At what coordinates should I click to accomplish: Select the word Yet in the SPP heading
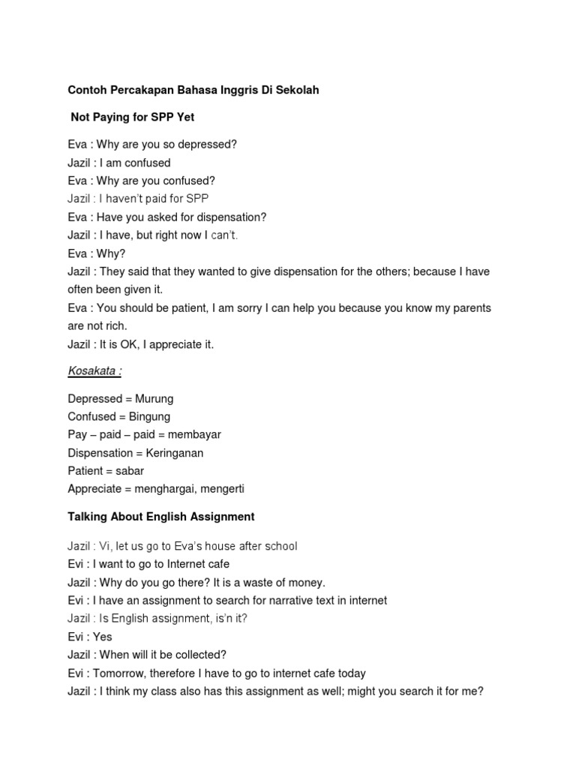184,117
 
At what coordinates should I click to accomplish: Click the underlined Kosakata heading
94,371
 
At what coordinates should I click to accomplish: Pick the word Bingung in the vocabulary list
149,417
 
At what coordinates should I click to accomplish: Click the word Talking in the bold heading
88,517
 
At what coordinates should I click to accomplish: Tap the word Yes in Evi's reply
103,637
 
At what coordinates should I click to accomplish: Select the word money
309,583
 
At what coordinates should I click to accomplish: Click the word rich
116,326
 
